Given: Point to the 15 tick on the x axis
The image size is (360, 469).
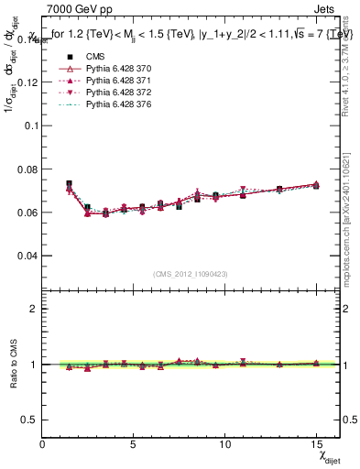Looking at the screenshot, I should point(316,443).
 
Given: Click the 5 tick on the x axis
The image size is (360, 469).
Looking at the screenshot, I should point(134,443).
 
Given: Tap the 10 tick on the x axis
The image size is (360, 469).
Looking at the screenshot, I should point(224,443).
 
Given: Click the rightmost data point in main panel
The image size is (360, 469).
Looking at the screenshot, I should point(316,185).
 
